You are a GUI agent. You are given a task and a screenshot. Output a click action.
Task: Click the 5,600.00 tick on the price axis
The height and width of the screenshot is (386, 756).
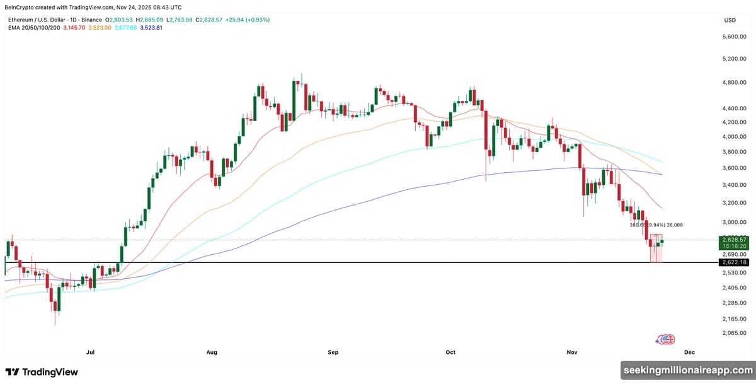[x=734, y=37]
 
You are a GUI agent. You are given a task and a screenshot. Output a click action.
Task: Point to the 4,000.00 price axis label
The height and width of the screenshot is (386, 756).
[x=734, y=137]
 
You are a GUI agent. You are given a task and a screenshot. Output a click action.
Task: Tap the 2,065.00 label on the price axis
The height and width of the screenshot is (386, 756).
[x=734, y=334]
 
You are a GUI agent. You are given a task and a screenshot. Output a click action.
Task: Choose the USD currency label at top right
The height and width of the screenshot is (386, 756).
[x=730, y=20]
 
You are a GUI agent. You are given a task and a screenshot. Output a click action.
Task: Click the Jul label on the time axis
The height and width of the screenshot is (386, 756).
[x=91, y=352]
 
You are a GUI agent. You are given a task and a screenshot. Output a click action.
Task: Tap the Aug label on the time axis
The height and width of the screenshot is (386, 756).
[x=211, y=352]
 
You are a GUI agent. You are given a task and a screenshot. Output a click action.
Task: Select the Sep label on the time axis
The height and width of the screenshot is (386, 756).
[x=332, y=352]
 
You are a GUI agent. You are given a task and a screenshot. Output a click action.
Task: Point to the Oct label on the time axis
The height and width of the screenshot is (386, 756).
[x=450, y=352]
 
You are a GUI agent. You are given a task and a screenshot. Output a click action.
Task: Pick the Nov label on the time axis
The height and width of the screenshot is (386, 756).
[x=571, y=352]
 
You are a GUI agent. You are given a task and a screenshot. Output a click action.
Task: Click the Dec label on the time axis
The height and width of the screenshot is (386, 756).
[x=689, y=352]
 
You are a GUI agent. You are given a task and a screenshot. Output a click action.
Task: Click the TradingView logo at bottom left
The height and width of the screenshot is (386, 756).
[x=42, y=372]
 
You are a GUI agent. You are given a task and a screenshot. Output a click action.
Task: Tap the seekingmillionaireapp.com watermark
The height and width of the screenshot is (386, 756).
[x=687, y=370]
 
